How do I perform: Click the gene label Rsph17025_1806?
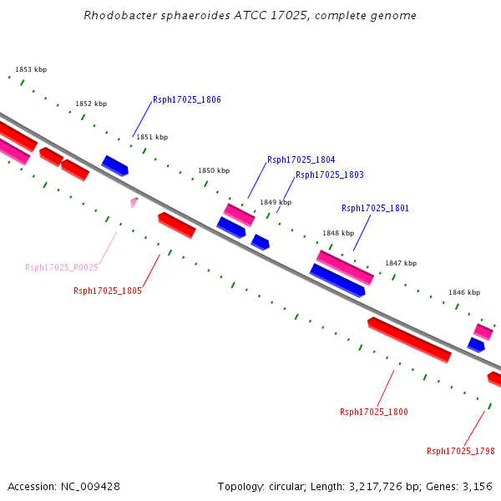click(x=186, y=99)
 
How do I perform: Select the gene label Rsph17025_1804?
click(x=301, y=159)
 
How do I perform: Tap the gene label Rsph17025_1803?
click(x=329, y=175)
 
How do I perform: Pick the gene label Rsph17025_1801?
click(x=375, y=208)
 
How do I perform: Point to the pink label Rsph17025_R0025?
click(x=62, y=267)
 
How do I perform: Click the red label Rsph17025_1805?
click(x=107, y=291)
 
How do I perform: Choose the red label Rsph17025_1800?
click(x=373, y=412)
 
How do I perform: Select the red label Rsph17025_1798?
click(x=460, y=451)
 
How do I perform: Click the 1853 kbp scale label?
click(x=31, y=70)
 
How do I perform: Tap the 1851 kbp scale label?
click(x=152, y=137)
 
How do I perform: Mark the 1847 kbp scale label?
click(x=400, y=263)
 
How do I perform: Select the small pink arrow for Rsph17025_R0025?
click(x=134, y=201)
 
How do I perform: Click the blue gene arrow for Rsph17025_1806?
click(x=115, y=165)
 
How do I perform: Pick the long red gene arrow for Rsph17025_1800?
click(x=409, y=340)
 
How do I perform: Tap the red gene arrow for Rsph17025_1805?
click(x=177, y=225)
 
